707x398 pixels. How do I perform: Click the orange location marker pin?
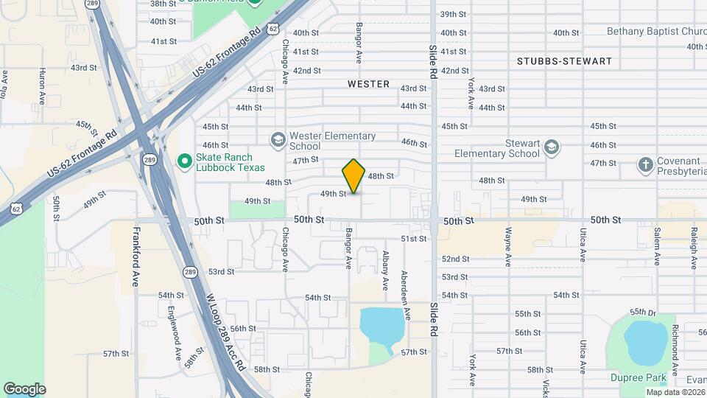354,175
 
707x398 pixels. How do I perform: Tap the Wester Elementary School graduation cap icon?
278,139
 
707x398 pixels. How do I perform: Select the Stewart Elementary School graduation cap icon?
551,148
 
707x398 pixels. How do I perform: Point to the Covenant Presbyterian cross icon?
646,164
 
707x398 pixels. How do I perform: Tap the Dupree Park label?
639,378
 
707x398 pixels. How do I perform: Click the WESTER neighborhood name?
368,84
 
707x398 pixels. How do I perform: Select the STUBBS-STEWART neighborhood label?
564,61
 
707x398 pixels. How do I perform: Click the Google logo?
24,388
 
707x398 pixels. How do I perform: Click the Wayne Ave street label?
508,246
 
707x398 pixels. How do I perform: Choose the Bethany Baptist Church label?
656,32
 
